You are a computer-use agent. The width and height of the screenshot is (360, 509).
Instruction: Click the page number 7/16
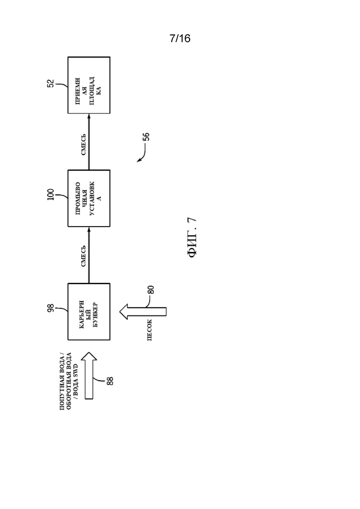click(180, 38)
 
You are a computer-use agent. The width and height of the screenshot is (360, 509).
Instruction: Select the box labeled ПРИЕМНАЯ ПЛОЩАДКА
click(89, 85)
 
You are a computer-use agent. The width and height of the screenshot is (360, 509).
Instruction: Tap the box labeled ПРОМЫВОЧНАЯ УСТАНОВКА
click(89, 198)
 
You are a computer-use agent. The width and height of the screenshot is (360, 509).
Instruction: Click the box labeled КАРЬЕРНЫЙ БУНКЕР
click(89, 311)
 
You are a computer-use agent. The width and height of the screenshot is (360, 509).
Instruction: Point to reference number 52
click(51, 84)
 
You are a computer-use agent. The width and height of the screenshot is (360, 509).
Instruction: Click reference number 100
click(51, 194)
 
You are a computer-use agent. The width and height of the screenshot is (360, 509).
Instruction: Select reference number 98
click(51, 308)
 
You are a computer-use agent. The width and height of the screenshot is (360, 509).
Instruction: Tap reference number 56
click(147, 136)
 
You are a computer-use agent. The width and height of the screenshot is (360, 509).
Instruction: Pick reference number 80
click(151, 289)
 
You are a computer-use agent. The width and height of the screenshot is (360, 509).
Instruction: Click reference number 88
click(110, 381)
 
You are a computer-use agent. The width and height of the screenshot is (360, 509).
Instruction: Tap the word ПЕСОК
click(150, 330)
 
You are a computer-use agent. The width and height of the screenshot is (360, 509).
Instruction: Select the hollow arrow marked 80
click(143, 311)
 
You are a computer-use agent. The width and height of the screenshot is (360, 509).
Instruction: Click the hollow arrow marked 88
click(89, 376)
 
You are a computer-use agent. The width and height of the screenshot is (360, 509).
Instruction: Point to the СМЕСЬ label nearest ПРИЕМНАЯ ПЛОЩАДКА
click(84, 144)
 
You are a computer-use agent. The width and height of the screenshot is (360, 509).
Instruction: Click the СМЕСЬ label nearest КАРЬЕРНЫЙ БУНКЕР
click(84, 256)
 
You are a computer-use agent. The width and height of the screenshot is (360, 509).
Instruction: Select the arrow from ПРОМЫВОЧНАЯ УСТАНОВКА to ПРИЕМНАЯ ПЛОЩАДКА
click(89, 142)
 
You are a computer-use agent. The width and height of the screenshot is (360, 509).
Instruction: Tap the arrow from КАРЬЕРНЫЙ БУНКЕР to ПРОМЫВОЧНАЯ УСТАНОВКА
click(89, 255)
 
